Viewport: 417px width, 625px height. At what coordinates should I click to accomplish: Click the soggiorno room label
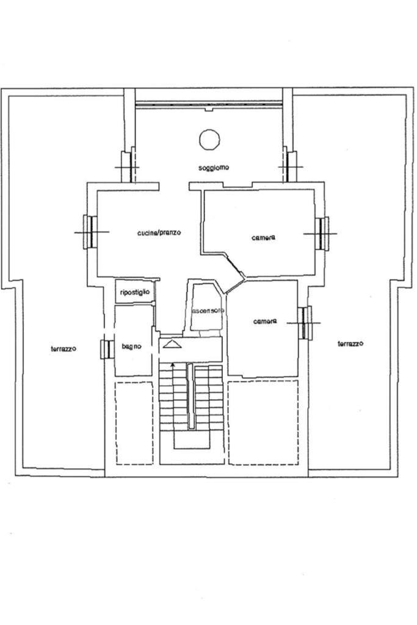[x=214, y=168]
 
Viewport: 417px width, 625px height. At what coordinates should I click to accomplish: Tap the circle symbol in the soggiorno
[x=209, y=139]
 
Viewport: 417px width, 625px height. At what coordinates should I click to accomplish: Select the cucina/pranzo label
[x=159, y=233]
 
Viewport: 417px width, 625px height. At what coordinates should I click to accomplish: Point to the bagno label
[x=131, y=347]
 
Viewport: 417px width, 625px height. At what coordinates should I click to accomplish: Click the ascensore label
[x=208, y=311]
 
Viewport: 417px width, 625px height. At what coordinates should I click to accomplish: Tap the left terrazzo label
[x=63, y=349]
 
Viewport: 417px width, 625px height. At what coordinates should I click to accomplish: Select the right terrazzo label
[x=350, y=344]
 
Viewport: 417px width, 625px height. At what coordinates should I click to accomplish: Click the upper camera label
[x=263, y=237]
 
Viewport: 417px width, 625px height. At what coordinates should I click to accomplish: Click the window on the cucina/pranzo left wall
[x=89, y=232]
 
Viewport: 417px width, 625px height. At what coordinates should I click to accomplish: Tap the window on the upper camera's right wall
[x=322, y=233]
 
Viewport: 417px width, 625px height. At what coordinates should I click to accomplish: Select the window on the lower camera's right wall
[x=305, y=322]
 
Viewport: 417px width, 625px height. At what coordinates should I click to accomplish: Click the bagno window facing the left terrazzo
[x=106, y=349]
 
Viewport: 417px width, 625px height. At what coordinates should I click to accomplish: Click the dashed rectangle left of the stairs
[x=134, y=423]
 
